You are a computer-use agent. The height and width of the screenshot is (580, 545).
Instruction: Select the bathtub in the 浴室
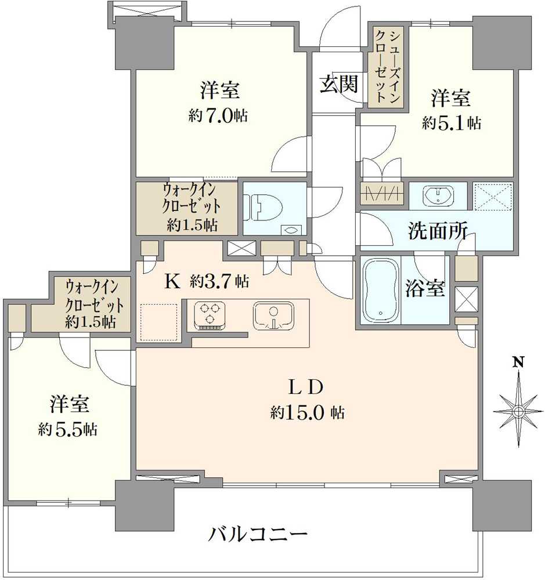click(380, 290)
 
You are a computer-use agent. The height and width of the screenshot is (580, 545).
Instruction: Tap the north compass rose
click(518, 411)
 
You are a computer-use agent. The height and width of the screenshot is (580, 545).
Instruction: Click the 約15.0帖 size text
click(307, 413)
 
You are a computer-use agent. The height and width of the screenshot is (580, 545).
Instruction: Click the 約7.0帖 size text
click(218, 116)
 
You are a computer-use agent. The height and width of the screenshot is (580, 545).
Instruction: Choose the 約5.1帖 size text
click(451, 123)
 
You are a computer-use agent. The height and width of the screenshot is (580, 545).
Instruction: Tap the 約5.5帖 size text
click(68, 430)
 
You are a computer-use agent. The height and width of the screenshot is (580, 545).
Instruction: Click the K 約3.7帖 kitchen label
click(207, 282)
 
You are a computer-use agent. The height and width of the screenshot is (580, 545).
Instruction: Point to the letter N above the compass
click(518, 364)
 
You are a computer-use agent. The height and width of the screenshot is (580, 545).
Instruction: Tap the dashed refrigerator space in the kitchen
click(158, 321)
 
